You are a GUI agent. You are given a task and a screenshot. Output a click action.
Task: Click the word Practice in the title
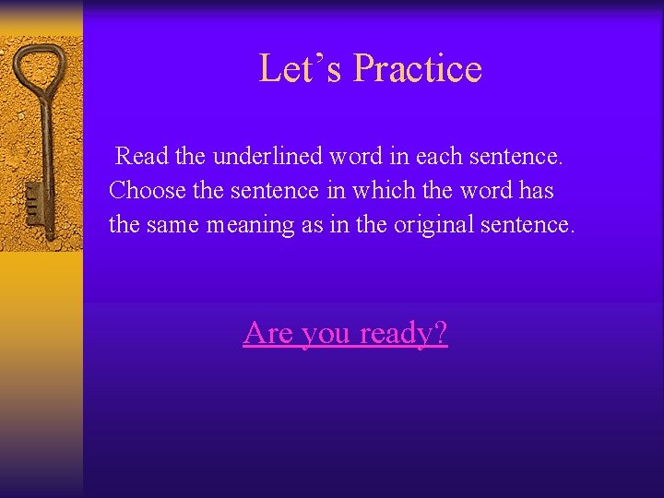(x=418, y=68)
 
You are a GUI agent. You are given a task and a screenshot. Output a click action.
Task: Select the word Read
(x=142, y=157)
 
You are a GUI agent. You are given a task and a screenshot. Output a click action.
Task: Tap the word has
(x=535, y=190)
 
